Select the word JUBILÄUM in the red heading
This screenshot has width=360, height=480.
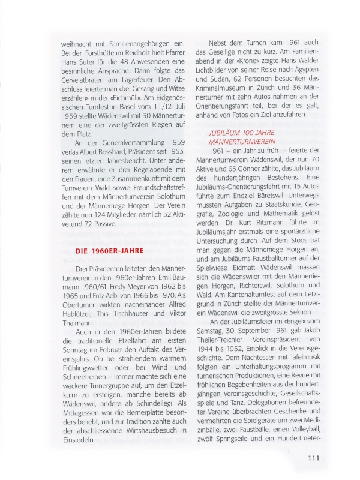[x=227, y=131]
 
